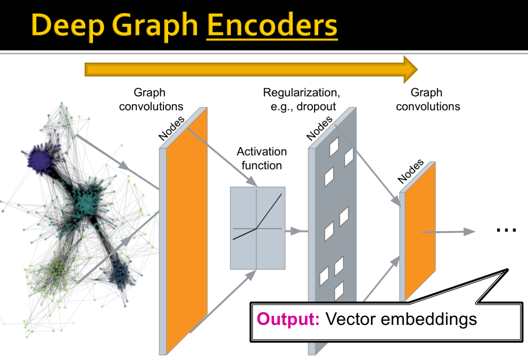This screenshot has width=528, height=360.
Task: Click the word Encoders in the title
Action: (271, 24)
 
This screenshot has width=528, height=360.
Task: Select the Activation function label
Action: (261, 158)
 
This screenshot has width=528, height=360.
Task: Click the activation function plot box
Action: (258, 228)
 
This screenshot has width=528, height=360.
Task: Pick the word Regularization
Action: (301, 93)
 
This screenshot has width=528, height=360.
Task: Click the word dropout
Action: (317, 106)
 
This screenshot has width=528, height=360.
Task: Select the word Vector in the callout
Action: (349, 319)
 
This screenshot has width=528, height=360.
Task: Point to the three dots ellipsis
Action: (506, 230)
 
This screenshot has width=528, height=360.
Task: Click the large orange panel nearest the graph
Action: (186, 234)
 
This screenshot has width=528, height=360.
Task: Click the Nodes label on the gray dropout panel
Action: (319, 128)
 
